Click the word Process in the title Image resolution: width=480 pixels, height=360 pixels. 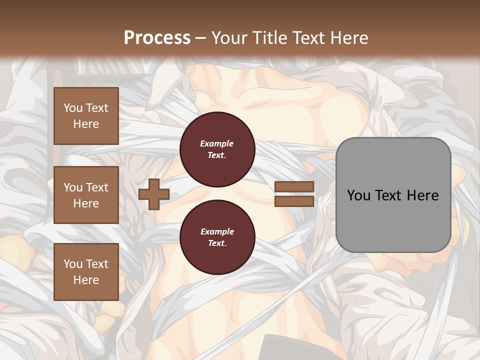[157, 38]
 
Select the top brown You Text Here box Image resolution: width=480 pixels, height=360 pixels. [86, 116]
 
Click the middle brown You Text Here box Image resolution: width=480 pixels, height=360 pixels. [86, 195]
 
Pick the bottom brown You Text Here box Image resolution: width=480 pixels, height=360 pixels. [86, 272]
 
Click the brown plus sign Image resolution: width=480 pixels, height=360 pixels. [153, 194]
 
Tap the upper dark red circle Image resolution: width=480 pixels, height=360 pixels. [217, 149]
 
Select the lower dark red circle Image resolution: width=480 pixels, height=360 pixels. [217, 237]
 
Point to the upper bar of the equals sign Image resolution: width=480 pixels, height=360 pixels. [294, 187]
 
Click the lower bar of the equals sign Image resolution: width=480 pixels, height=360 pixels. [294, 201]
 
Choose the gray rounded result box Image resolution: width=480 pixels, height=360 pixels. [393, 195]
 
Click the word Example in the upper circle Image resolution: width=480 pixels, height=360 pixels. [217, 143]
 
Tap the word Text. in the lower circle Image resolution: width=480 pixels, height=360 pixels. [217, 243]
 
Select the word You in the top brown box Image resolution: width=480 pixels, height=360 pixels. [72, 108]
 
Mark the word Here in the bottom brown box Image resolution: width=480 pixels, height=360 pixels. [86, 280]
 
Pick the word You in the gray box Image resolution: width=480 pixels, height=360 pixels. [358, 195]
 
